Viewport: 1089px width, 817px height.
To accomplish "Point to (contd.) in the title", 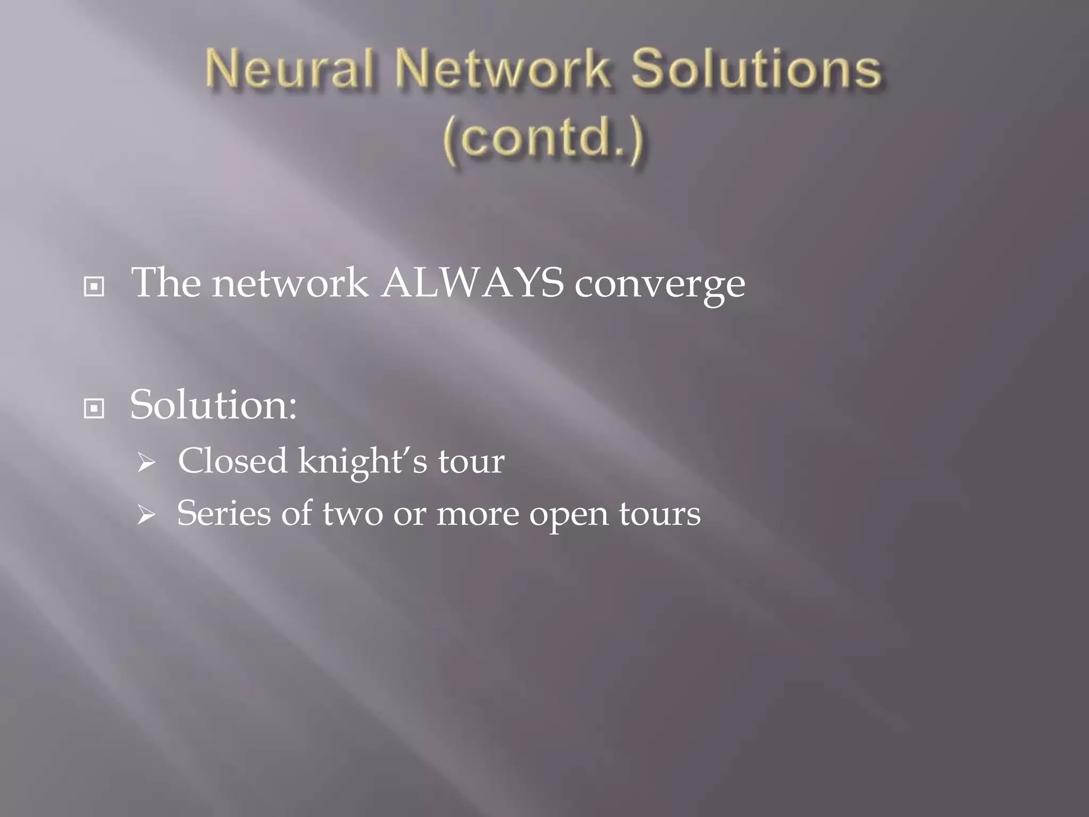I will tap(543, 138).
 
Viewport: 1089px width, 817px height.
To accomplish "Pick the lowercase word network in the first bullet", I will tap(290, 283).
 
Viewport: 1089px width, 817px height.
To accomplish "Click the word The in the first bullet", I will tap(166, 283).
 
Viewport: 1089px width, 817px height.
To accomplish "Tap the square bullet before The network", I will tap(94, 287).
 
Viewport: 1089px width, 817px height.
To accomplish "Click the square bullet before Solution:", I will tap(94, 408).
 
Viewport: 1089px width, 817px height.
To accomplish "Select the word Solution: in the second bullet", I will tap(213, 405).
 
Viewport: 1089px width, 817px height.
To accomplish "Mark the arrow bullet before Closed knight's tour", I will tap(145, 463).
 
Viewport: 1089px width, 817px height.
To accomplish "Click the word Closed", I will tap(232, 461).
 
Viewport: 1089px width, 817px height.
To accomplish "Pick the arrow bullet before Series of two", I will tap(145, 515).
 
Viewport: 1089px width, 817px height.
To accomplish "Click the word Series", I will tap(223, 514).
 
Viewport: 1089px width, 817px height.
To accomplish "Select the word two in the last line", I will tap(353, 514).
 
